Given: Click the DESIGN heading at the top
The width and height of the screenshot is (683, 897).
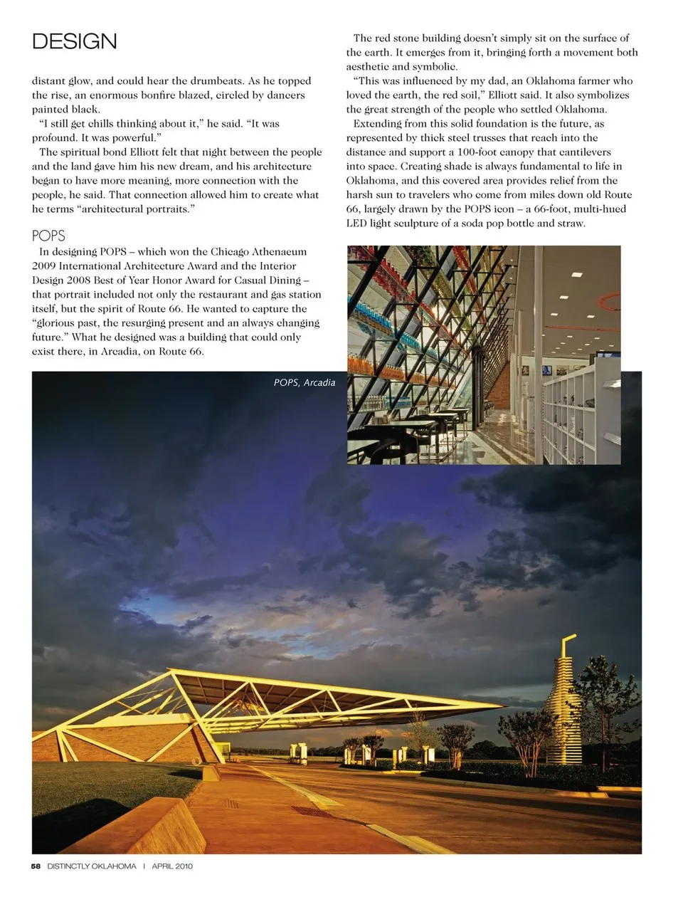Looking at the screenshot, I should click(x=75, y=41).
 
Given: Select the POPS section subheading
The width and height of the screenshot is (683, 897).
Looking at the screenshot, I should click(x=48, y=236).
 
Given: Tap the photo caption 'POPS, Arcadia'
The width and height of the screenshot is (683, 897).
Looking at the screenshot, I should click(x=305, y=382).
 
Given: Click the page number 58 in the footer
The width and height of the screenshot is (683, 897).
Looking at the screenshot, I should click(x=36, y=866).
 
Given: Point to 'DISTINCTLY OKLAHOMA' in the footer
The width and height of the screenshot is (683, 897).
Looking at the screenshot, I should click(x=92, y=866).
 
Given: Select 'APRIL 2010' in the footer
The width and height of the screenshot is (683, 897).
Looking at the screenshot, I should click(x=172, y=866).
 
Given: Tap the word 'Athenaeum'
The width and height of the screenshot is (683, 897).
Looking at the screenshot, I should click(x=280, y=251).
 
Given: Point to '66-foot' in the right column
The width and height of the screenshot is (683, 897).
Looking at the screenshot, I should click(x=551, y=209).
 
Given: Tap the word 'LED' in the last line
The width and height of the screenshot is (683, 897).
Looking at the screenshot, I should click(x=357, y=223).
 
